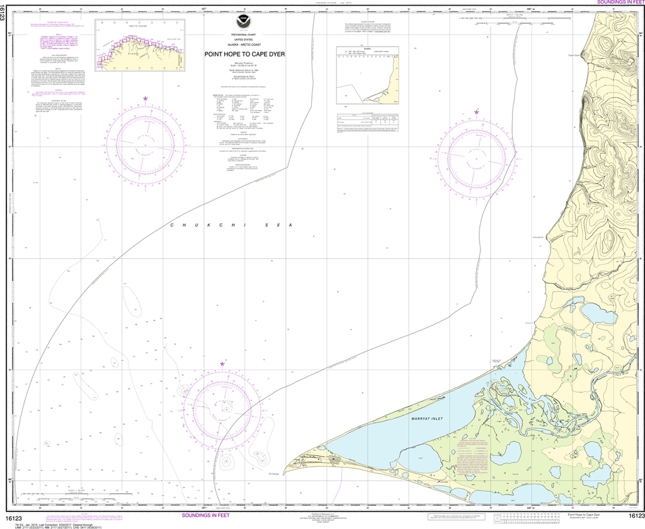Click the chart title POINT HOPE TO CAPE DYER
pyautogui.click(x=244, y=54)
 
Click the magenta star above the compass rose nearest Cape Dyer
pyautogui.click(x=476, y=112)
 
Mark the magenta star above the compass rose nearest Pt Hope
pyautogui.click(x=222, y=364)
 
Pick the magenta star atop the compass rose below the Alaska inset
pyautogui.click(x=146, y=99)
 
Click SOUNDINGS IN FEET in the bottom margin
pyautogui.click(x=207, y=516)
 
